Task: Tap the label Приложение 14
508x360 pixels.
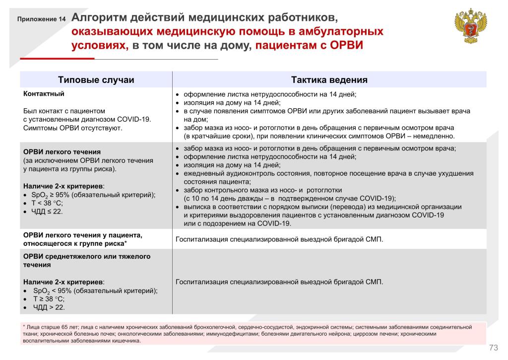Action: tap(41, 20)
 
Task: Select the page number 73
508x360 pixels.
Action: tap(493, 347)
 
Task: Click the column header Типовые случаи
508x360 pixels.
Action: tap(96, 80)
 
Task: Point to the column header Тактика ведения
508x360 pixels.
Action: tap(329, 80)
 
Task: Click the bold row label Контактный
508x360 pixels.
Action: tap(44, 93)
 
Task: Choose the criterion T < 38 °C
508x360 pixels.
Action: tap(48, 203)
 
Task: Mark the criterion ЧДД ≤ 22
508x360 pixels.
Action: tap(48, 211)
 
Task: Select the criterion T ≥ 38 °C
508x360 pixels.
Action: tap(49, 299)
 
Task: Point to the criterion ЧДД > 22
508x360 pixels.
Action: tap(49, 307)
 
